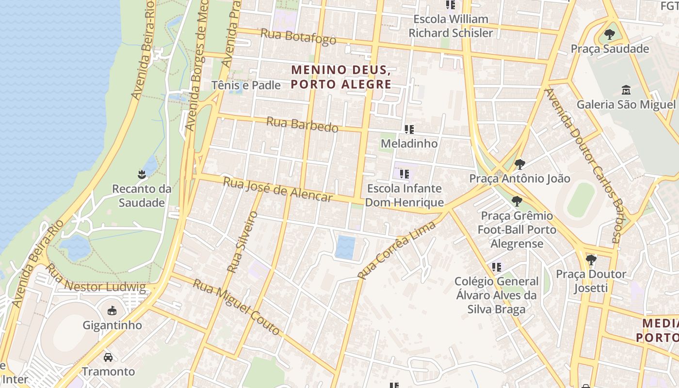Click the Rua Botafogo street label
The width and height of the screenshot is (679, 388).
coord(298,36)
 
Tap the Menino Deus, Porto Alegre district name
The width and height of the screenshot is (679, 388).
coord(341,77)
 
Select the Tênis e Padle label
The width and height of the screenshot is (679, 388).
coord(246,85)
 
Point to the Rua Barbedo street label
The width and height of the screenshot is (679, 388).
coord(302,125)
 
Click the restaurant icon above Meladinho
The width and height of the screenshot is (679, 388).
coord(409,129)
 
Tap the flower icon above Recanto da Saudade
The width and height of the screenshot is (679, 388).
coord(142,174)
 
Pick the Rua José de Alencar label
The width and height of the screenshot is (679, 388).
coord(278,189)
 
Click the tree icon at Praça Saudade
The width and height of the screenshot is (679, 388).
coord(610,34)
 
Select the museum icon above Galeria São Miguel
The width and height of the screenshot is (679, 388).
coord(626,90)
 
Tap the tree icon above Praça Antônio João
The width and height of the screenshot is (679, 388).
coord(519,164)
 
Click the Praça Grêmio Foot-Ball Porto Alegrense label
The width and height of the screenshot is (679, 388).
coord(517,229)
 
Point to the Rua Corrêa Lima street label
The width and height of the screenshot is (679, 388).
coord(397,250)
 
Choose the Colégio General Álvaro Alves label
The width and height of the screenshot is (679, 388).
coord(496,295)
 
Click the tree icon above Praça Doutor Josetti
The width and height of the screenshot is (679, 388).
coord(591,260)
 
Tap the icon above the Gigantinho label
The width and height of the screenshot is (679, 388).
coord(112,310)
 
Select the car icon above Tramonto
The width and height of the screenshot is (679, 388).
coord(108,357)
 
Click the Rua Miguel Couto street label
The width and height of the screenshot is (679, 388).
coord(237,307)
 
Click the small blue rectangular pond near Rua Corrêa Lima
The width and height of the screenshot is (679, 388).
coord(345,247)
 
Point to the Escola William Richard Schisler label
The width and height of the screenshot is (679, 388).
coord(451,26)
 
